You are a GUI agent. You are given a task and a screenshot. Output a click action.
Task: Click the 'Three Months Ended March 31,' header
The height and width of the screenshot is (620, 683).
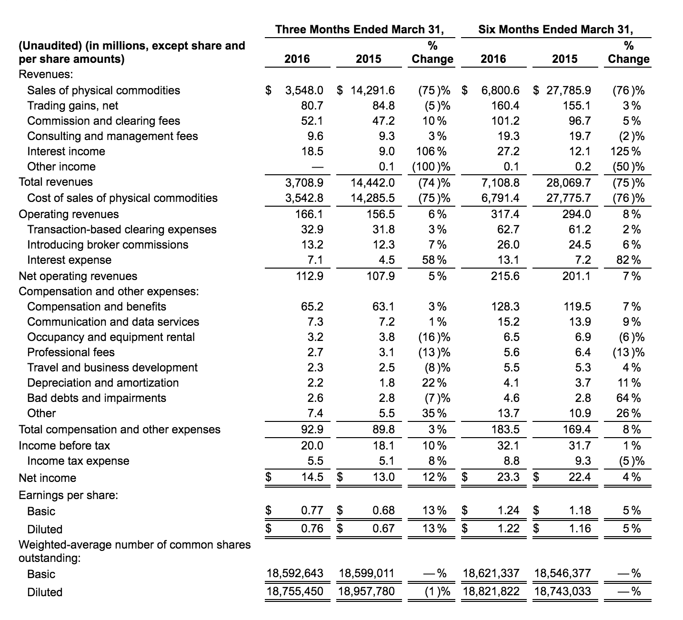click(x=359, y=30)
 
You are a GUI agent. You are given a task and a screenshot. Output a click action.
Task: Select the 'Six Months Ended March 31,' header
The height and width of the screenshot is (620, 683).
click(x=556, y=30)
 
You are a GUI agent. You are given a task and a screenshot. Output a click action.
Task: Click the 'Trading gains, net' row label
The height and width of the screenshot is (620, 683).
click(x=72, y=106)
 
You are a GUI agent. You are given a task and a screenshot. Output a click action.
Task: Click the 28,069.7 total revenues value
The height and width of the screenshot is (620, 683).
click(x=569, y=182)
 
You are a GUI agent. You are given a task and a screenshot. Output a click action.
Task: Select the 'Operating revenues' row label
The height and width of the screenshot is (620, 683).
click(x=69, y=214)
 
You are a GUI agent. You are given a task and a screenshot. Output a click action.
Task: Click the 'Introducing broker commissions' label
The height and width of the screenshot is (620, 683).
click(x=108, y=245)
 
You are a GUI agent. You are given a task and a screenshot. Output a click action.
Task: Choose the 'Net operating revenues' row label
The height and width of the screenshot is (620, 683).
click(x=78, y=276)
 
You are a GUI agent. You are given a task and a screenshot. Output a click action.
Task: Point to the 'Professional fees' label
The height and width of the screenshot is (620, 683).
click(x=71, y=352)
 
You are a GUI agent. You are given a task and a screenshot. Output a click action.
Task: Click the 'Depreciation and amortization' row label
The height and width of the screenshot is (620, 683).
click(x=103, y=383)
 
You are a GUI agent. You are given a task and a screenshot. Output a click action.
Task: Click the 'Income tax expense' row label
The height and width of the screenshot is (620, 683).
click(x=78, y=461)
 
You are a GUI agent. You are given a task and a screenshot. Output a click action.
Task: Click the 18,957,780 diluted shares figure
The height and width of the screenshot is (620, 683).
click(x=366, y=591)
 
